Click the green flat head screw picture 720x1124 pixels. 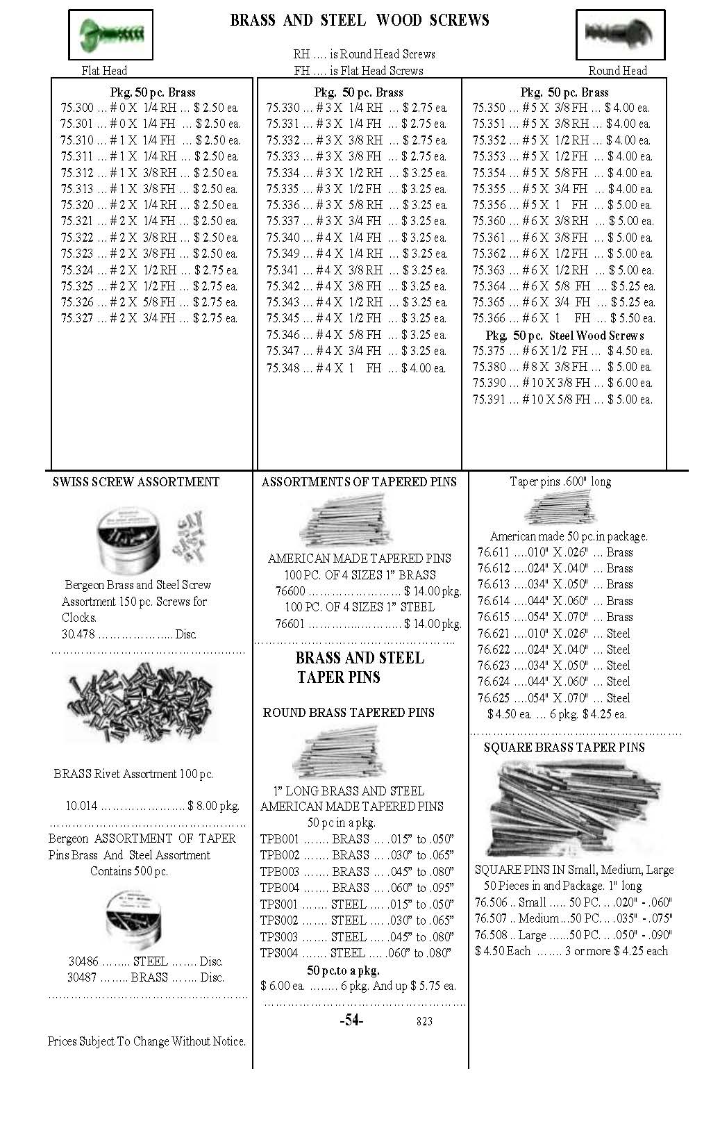tap(110, 33)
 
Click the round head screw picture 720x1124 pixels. tap(620, 33)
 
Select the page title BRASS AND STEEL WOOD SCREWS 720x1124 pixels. tap(359, 20)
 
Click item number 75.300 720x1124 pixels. tap(77, 108)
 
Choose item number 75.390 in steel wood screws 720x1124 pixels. tap(489, 383)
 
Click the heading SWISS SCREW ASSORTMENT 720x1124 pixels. tap(135, 482)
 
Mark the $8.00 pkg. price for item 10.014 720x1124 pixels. tap(213, 807)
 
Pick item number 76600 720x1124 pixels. tap(290, 591)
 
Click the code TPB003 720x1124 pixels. tap(279, 872)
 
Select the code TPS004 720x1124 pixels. tap(279, 953)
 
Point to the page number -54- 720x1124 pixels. tap(351, 1020)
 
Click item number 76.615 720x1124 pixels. tap(494, 617)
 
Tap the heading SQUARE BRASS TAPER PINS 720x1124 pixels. tap(564, 747)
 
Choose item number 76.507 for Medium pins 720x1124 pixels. tap(492, 918)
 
